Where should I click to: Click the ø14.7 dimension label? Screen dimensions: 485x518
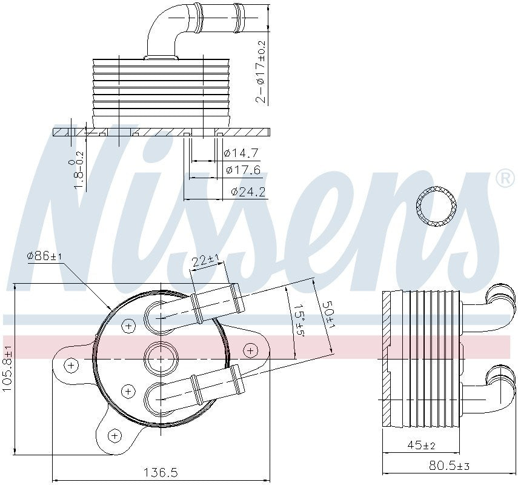242,153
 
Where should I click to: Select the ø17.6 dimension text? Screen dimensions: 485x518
242,170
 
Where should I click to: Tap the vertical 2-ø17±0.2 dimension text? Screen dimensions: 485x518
261,72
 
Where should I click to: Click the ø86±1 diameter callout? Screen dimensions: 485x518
44,256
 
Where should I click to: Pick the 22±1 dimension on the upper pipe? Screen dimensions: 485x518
206,261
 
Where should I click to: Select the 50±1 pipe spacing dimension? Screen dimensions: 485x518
328,315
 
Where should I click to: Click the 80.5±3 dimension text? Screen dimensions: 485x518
450,466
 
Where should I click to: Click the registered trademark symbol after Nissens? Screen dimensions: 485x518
503,177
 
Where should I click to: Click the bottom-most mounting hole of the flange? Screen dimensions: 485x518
115,435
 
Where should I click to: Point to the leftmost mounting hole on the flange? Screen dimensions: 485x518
71,365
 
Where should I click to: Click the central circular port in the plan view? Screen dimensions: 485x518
160,358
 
